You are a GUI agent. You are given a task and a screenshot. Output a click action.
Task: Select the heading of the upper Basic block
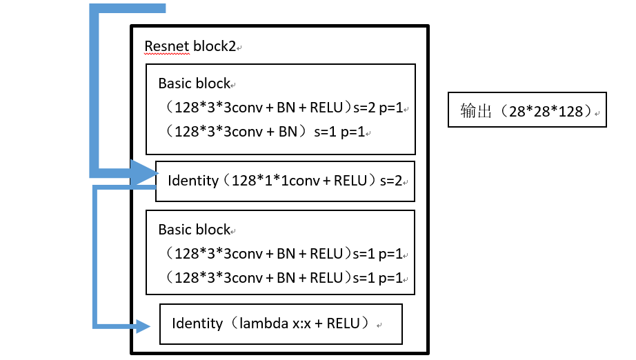tap(194, 83)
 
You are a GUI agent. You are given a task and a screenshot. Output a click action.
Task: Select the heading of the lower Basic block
tap(194, 230)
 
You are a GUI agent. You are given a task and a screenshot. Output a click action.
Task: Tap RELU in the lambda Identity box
tap(343, 323)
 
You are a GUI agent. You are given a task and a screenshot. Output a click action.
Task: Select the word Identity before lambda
tap(197, 323)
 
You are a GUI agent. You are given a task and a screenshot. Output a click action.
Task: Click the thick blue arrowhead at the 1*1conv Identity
tap(145, 172)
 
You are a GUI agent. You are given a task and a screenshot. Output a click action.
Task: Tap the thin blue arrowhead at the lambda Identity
tap(143, 326)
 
